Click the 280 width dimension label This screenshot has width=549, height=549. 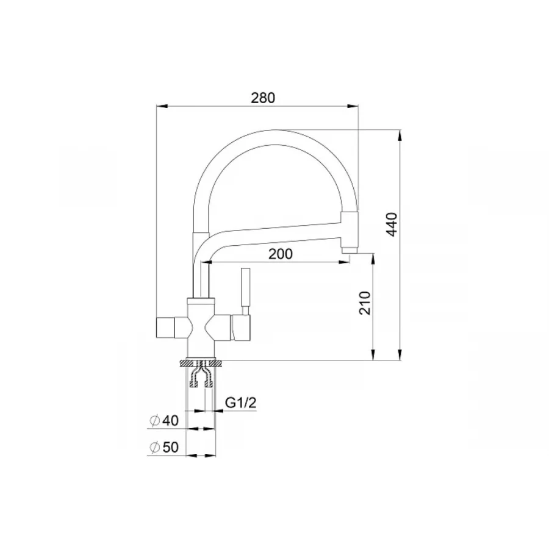point(263,98)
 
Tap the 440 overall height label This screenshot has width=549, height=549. point(392,224)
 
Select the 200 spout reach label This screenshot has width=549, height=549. point(281,254)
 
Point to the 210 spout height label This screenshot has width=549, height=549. point(365,303)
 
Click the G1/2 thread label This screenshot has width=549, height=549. point(240,403)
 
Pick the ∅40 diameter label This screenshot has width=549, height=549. point(164,420)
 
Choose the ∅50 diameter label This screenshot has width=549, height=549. point(164,447)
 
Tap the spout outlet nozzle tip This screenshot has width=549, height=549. point(349,251)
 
